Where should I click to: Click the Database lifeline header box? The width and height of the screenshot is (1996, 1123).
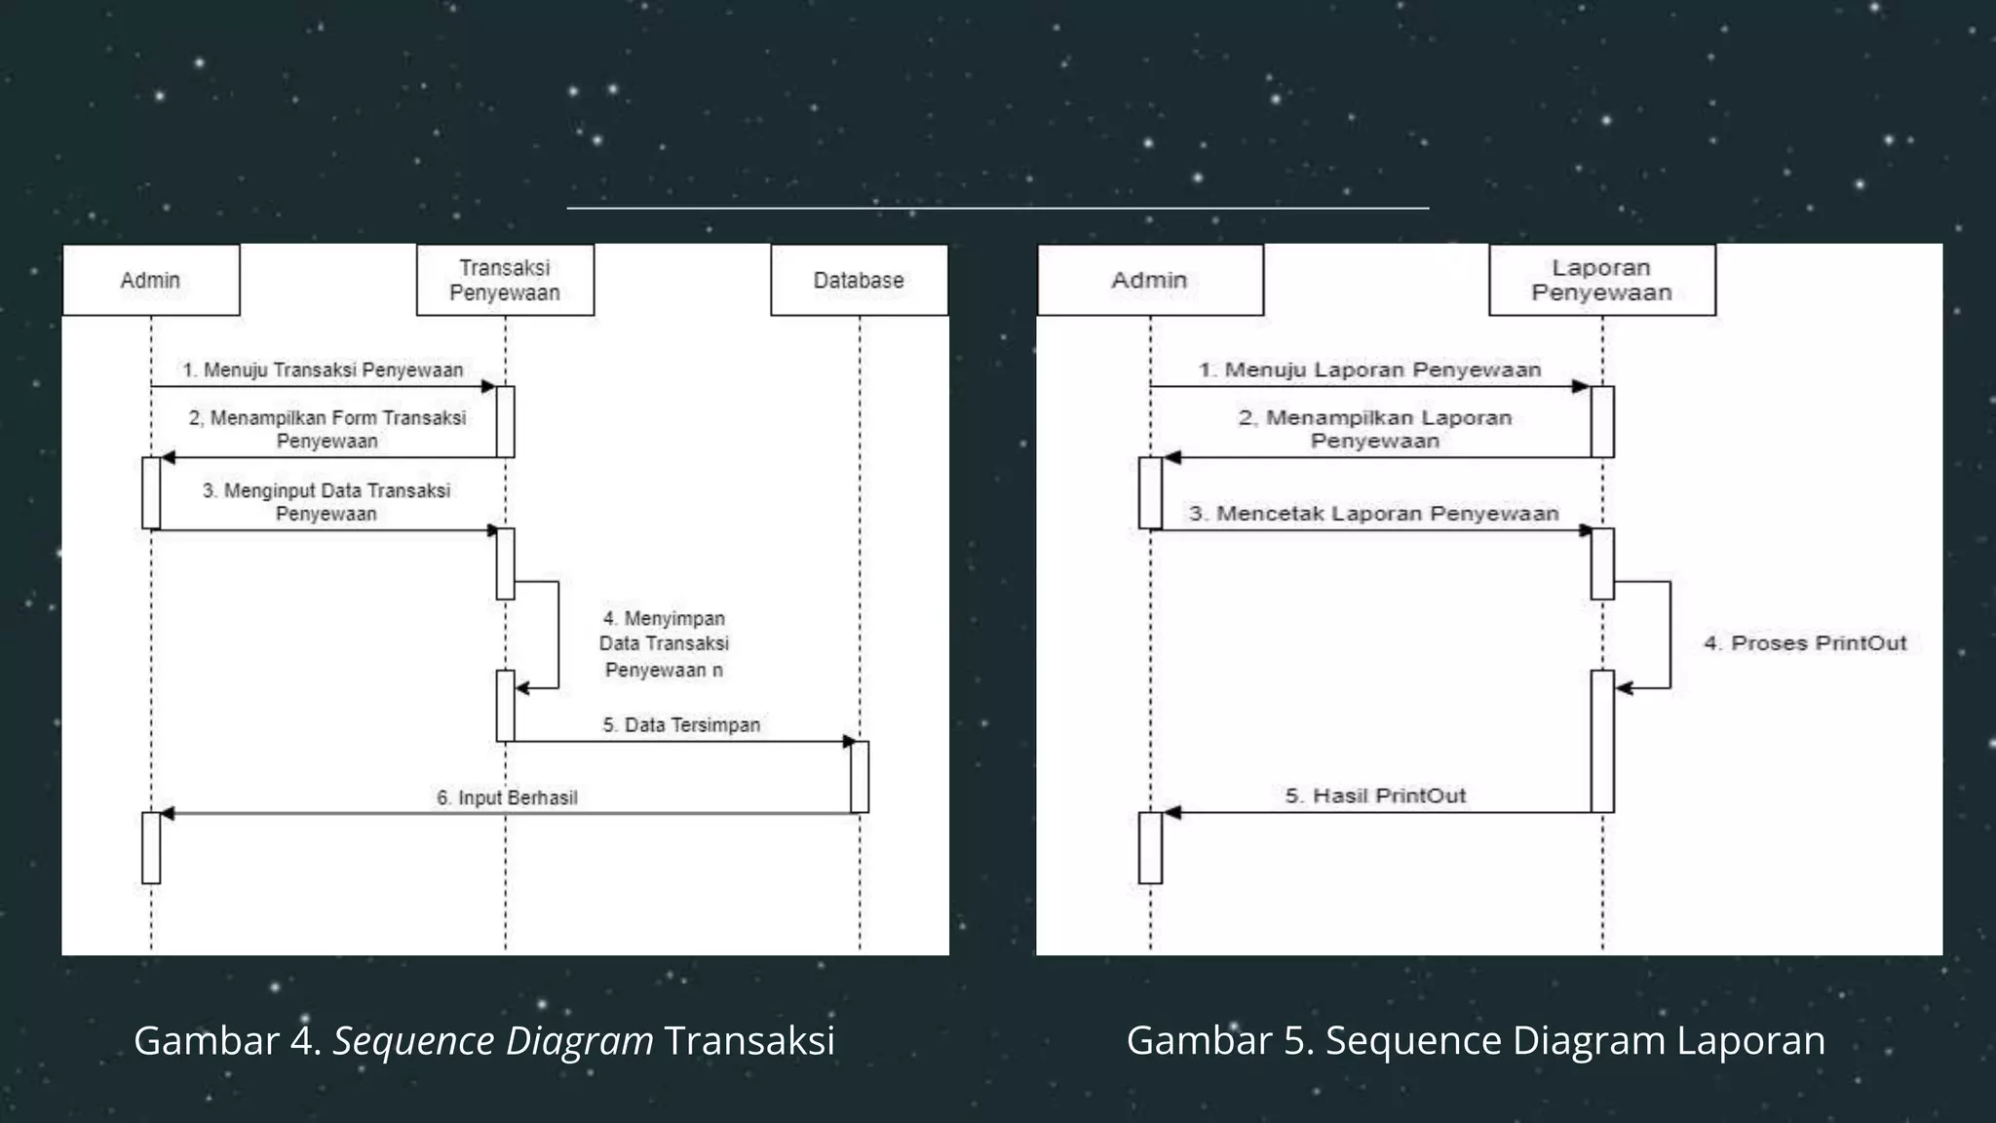859,280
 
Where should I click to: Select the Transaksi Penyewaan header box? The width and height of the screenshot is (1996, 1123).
505,280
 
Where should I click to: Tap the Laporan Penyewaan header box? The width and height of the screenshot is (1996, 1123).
1601,280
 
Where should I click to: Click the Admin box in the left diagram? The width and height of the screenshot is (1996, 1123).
151,280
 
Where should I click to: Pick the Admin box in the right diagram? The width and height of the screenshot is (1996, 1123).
1150,280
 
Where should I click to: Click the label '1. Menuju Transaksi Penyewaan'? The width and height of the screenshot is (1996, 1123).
323,370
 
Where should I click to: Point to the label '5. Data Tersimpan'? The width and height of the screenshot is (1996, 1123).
681,725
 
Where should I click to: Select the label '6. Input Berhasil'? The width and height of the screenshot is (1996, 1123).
507,798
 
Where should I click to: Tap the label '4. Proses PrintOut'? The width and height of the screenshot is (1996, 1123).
1805,643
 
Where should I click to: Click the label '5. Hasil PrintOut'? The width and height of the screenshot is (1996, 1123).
1375,796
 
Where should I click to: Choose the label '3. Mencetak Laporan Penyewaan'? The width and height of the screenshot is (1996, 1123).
1373,514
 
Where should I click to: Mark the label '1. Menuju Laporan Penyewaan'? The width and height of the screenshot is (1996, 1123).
1369,370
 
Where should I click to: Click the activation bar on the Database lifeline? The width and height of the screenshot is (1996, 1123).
860,777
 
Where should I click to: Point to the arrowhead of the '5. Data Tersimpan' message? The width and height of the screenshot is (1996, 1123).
849,742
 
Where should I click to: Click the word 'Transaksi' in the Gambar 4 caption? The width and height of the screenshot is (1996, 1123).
749,1041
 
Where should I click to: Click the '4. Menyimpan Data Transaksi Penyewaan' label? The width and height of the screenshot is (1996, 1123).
664,644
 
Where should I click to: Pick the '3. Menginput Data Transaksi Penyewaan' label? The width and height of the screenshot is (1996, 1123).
326,502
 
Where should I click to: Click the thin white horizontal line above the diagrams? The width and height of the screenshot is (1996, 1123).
997,208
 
